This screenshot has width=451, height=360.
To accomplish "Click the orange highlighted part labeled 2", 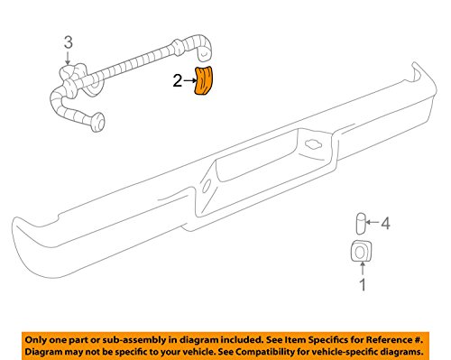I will point(207,80).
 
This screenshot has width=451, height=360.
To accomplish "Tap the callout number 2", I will point(178,82).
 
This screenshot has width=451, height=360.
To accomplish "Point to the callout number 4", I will point(385,248).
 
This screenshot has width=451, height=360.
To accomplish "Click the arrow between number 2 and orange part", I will point(189,82).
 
